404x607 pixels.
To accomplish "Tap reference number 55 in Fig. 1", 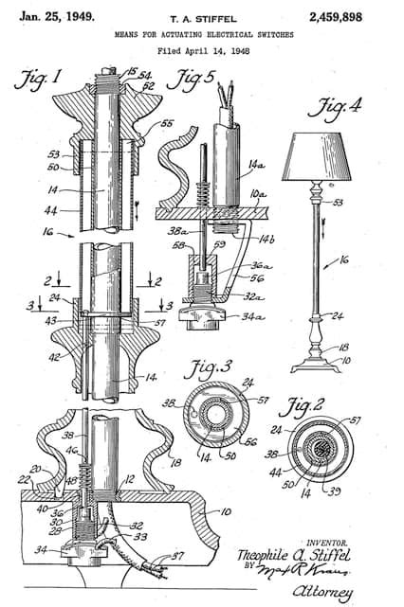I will [167, 124].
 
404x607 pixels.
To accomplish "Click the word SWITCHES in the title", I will [267, 32].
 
